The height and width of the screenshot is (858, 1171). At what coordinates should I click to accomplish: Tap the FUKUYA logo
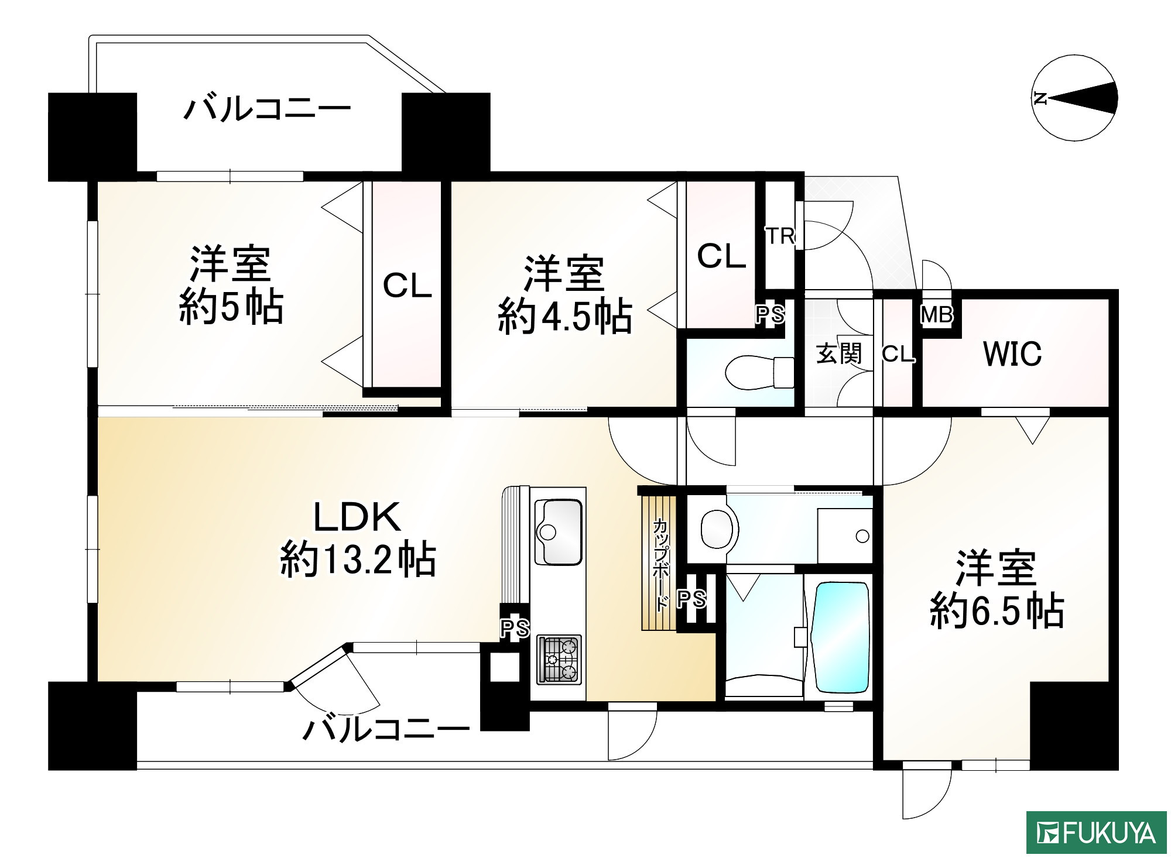(1097, 832)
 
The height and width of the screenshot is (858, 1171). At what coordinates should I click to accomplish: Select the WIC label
(1012, 354)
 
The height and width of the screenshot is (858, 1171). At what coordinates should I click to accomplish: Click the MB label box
(937, 315)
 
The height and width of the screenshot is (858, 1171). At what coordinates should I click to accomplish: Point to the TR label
(780, 236)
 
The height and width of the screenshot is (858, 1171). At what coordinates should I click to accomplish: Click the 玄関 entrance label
(839, 354)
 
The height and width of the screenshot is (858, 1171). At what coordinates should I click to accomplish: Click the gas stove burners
(559, 659)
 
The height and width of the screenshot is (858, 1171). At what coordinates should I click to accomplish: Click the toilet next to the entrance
(759, 372)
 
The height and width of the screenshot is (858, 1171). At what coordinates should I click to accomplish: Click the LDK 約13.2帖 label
(358, 538)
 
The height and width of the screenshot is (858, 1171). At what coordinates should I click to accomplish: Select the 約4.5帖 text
(565, 317)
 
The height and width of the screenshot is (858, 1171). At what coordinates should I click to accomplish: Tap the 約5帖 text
(231, 307)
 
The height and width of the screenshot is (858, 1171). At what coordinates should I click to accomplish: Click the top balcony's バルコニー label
(268, 109)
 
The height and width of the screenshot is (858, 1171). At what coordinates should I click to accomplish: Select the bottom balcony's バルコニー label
(386, 729)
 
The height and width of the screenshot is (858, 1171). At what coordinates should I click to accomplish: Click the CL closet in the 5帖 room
(407, 286)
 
